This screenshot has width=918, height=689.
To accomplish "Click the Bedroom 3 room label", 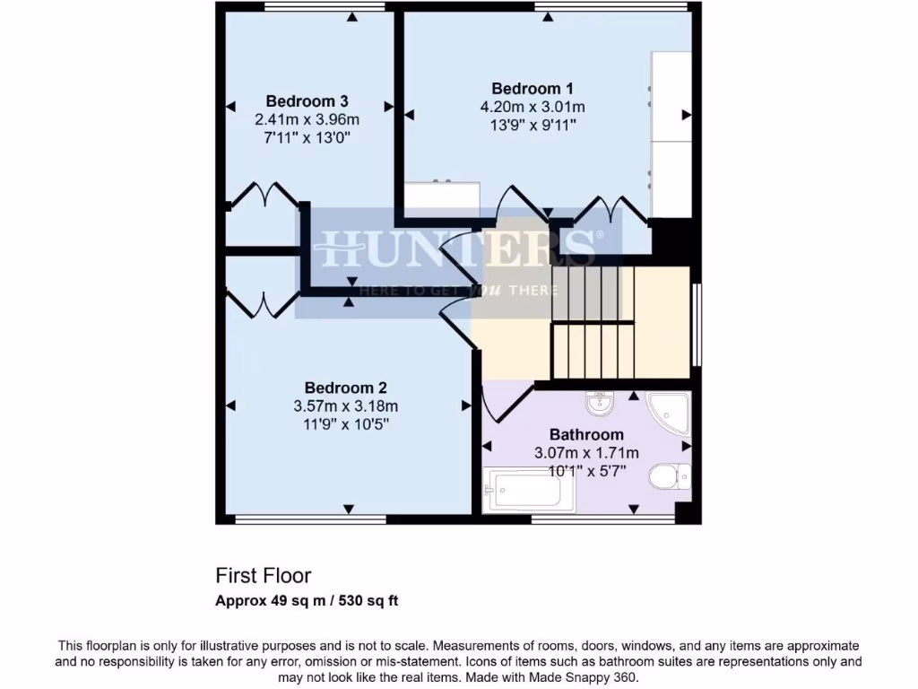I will pos(307,100).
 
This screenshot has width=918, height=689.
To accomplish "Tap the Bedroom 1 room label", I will pos(533,88).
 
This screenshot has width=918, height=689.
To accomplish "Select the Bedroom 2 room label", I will pos(345,388).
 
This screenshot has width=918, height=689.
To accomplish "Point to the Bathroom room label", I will pos(586,434).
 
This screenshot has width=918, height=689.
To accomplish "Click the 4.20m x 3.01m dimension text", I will pos(533,107).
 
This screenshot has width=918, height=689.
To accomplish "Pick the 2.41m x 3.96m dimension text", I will pos(307,119).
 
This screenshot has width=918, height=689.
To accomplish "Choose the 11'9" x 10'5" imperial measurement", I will pos(345,424).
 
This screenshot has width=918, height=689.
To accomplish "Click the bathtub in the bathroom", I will pos(523,492).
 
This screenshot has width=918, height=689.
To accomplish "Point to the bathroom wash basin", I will pos(601,406).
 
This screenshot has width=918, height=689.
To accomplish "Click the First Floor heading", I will pos(263,575).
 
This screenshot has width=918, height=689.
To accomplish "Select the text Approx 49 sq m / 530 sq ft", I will pos(307,601).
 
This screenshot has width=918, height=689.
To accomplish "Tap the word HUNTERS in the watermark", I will pos(457,248).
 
